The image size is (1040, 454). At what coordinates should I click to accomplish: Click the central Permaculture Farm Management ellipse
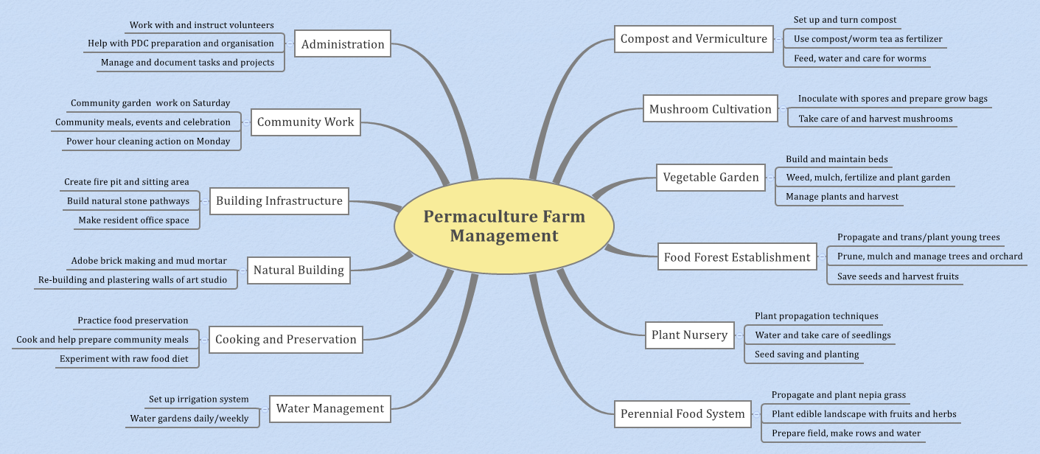coord(504,226)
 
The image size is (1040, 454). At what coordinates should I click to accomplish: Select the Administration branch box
coord(343,44)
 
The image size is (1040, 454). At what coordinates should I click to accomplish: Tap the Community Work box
coord(305,122)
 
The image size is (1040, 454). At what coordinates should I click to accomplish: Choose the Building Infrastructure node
coord(279,200)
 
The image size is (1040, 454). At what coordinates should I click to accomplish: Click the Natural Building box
coord(299,270)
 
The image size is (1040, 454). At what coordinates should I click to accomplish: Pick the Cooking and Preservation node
coord(285,340)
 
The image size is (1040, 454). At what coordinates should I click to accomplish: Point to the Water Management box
coord(329,408)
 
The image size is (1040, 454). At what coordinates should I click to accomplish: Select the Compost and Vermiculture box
coord(694,39)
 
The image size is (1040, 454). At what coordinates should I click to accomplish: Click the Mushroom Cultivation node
coord(710,109)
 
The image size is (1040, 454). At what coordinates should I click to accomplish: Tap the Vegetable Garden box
coord(711,178)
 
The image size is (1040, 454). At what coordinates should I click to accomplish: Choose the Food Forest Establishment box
coord(736,257)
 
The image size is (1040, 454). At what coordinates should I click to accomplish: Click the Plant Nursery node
coord(689,335)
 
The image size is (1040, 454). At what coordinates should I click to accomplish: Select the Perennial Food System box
coord(683,413)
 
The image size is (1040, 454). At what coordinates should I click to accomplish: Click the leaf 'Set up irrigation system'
coord(198,399)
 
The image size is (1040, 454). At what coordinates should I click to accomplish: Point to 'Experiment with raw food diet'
coord(124,359)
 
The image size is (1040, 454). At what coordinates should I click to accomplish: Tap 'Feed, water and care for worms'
coord(859,58)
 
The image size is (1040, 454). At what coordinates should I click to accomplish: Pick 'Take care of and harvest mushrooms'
coord(875,119)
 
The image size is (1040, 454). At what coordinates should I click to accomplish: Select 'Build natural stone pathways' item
coord(128,201)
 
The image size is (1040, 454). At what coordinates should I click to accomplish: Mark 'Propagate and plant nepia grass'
coord(838,395)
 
